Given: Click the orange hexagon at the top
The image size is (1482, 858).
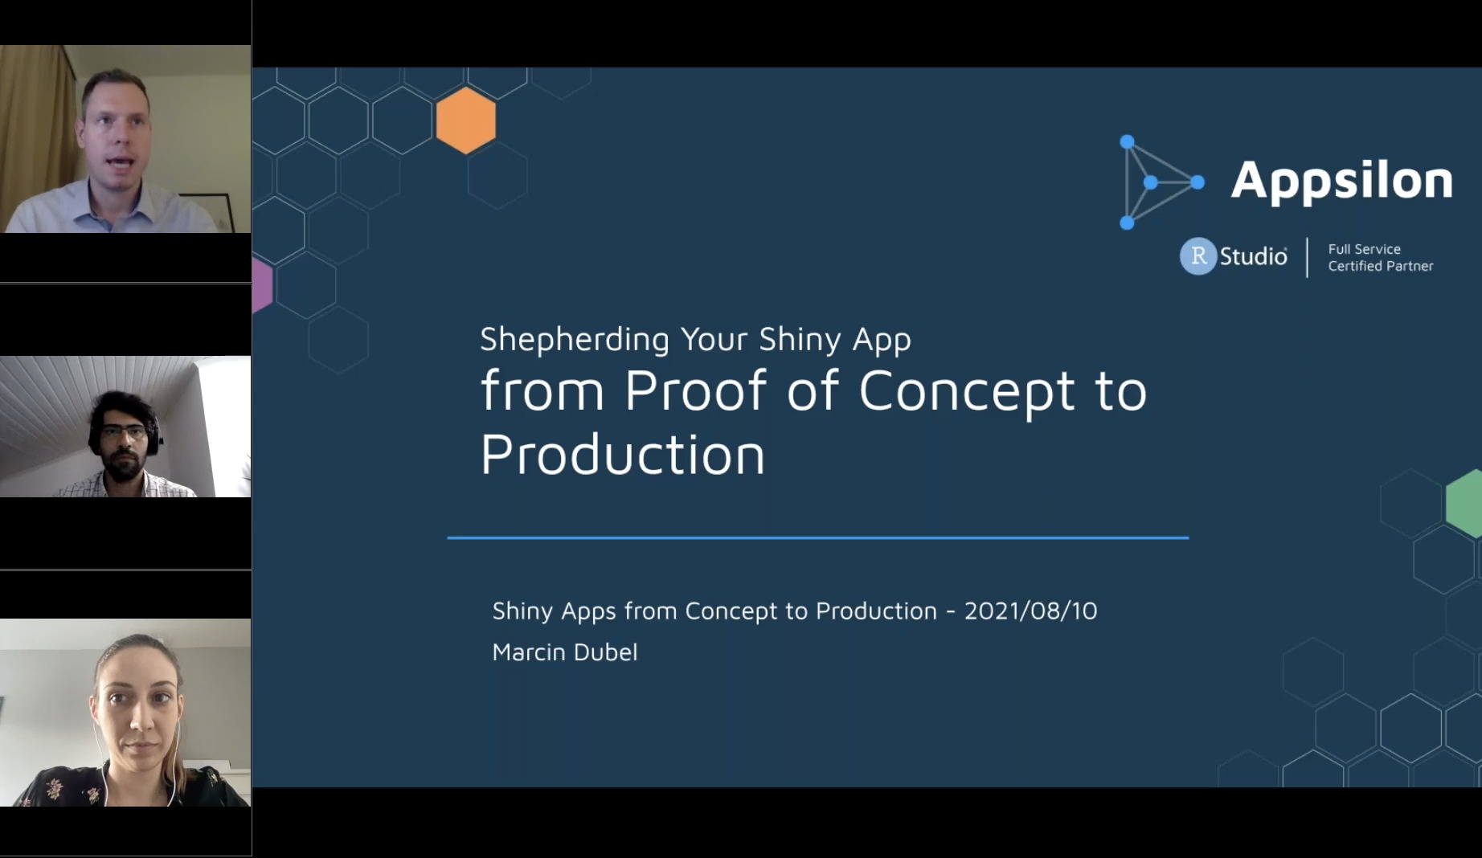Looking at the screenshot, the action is [x=466, y=120].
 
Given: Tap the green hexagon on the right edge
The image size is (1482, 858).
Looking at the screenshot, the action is [x=1464, y=504].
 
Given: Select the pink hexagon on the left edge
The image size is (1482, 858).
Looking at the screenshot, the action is [x=262, y=285].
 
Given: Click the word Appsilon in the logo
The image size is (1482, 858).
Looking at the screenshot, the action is [x=1341, y=182].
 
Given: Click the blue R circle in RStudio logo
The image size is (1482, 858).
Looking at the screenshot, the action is [x=1198, y=256].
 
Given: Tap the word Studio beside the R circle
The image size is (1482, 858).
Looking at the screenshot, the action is [x=1254, y=256].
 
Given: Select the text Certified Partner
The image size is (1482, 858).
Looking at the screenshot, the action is [x=1381, y=266].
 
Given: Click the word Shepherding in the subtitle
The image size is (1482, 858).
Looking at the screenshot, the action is [x=575, y=340].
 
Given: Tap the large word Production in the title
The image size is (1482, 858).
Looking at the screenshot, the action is [x=623, y=455].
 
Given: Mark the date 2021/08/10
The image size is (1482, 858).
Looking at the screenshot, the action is [x=1030, y=611].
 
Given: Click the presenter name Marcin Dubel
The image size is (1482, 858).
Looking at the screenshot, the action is [x=565, y=652].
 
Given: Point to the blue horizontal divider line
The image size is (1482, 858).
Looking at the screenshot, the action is [x=818, y=537].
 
